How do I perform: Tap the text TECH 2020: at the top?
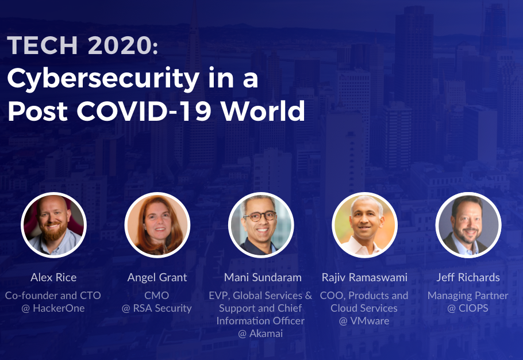pos(82,45)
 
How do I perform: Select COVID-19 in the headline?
pos(144,110)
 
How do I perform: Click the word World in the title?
pos(263,110)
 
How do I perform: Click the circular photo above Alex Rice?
pos(53,225)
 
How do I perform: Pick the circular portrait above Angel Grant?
pos(157,225)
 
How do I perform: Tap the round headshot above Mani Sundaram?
pos(261,225)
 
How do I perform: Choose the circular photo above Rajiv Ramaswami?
pos(364,225)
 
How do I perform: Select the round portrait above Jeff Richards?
pos(468,225)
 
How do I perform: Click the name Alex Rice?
pos(53,277)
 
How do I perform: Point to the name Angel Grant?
pos(157,278)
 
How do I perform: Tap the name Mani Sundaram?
pos(263,277)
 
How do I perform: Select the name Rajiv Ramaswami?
pos(364,278)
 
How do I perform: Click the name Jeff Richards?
pos(468,277)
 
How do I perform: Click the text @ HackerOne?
pos(53,308)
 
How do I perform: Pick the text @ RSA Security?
pos(157,308)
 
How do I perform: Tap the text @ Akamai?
pos(260,334)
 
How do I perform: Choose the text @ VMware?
pos(364,321)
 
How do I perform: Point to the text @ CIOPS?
pos(468,308)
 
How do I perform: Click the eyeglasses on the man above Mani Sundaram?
pos(260,216)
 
